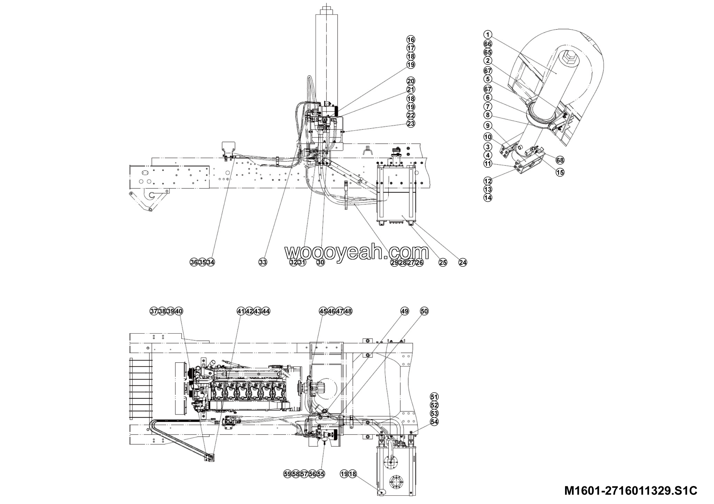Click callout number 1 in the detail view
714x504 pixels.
[x=488, y=35]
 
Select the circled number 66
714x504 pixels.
[x=488, y=44]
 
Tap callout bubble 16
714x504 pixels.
[x=411, y=40]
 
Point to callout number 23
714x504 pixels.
[x=411, y=123]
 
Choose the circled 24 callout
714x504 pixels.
[x=463, y=263]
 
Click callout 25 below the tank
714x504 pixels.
[x=443, y=263]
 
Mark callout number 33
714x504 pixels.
[x=263, y=262]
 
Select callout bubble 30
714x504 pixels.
[x=321, y=262]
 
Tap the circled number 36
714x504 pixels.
[x=194, y=262]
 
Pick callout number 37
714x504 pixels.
[x=154, y=311]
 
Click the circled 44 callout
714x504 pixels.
[x=266, y=311]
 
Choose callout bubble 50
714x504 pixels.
[x=424, y=311]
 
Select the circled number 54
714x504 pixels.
[x=435, y=422]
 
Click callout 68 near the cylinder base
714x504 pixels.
[x=560, y=160]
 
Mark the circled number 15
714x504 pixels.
[x=560, y=172]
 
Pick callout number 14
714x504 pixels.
[x=488, y=197]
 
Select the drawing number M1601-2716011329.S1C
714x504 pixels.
[x=631, y=491]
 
